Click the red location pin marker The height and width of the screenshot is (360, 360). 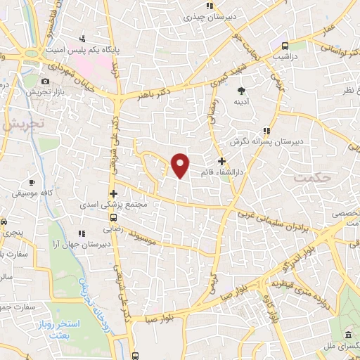(181, 165)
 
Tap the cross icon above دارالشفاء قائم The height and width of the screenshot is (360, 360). (221, 161)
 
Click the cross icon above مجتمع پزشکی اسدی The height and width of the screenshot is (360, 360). (113, 193)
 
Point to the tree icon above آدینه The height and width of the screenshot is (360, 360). (242, 90)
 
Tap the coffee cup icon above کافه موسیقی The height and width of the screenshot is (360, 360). (32, 181)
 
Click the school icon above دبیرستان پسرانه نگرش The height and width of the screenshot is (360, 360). (266, 130)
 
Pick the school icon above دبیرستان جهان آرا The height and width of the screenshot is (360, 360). (82, 233)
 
